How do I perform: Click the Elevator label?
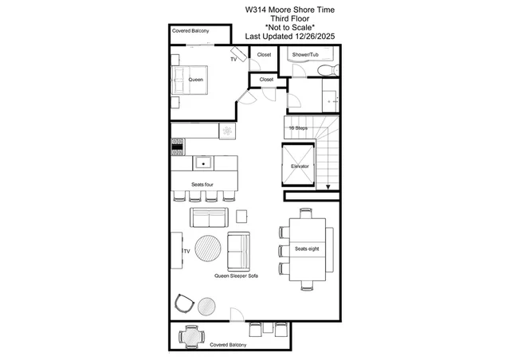pyautogui.click(x=300, y=166)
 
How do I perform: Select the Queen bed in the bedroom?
pyautogui.click(x=190, y=80)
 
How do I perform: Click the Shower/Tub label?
pyautogui.click(x=305, y=55)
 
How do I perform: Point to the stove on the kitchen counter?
pyautogui.click(x=178, y=147)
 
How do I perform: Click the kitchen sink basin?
pyautogui.click(x=203, y=163)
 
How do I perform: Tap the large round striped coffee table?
pyautogui.click(x=208, y=248)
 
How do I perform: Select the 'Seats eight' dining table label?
pyautogui.click(x=307, y=248)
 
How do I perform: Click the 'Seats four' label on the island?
pyautogui.click(x=202, y=185)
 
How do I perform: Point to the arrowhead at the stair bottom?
pyautogui.click(x=328, y=187)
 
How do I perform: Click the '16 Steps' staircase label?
pyautogui.click(x=298, y=127)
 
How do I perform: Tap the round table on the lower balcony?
pyautogui.click(x=192, y=337)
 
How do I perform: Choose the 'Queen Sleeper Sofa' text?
pyautogui.click(x=236, y=276)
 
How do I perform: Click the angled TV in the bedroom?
pyautogui.click(x=239, y=54)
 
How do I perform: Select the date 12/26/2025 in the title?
pyautogui.click(x=315, y=36)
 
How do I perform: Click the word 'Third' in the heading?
pyautogui.click(x=278, y=18)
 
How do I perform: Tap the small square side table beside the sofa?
pyautogui.click(x=241, y=217)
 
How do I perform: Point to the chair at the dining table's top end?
pyautogui.click(x=306, y=213)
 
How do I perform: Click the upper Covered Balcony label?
pyautogui.click(x=190, y=31)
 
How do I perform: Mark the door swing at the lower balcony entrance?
pyautogui.click(x=237, y=314)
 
